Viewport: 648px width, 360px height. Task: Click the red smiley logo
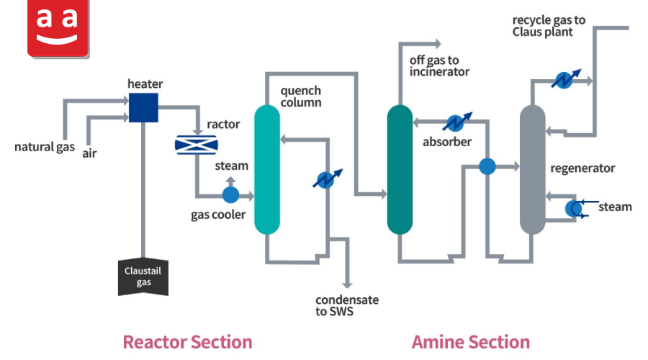click(58, 28)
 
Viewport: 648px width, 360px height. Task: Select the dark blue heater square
click(143, 107)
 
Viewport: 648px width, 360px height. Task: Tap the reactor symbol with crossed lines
click(197, 145)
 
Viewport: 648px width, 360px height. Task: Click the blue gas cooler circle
click(230, 194)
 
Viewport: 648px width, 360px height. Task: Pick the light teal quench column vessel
click(267, 169)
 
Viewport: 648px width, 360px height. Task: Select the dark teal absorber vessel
click(400, 169)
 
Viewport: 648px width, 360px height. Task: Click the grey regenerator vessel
click(532, 169)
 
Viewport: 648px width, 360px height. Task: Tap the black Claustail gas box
click(143, 276)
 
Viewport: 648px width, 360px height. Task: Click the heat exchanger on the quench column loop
click(327, 179)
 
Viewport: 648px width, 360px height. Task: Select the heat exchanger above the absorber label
click(456, 122)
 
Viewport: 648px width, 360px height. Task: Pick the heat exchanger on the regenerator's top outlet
click(565, 79)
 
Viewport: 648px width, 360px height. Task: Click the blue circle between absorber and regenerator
click(487, 166)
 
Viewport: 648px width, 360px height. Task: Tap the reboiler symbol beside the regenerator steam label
click(575, 209)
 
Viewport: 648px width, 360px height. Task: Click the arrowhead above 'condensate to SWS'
click(347, 285)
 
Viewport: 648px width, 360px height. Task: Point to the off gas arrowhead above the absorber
click(438, 43)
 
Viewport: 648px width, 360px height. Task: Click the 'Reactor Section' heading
click(188, 342)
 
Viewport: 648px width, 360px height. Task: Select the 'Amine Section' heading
click(471, 342)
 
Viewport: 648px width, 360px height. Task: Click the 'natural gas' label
click(45, 147)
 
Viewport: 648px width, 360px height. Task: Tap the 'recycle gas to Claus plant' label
click(549, 26)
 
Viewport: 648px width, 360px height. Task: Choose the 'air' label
click(89, 154)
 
